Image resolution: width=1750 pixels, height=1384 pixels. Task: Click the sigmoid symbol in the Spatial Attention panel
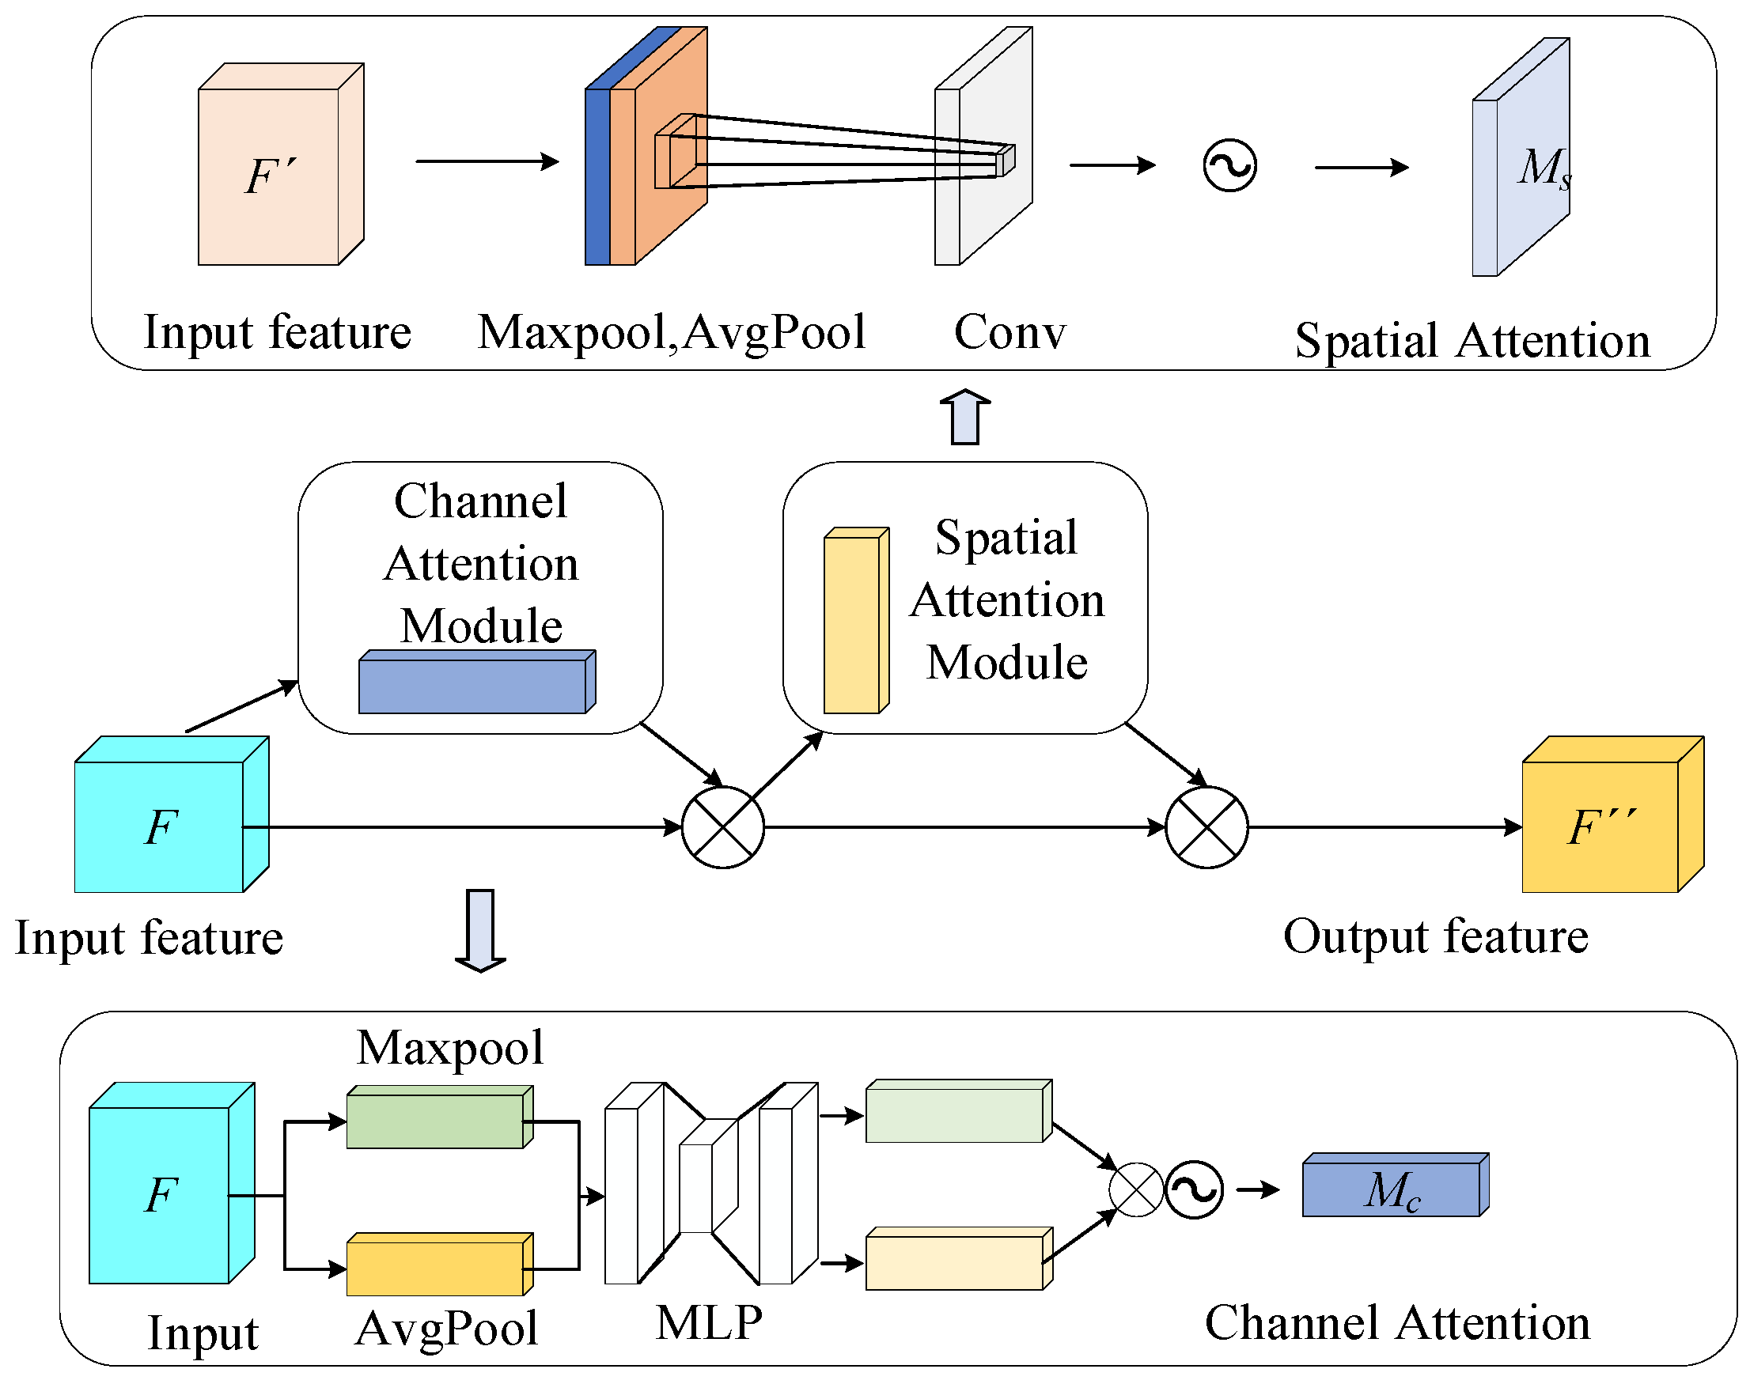tap(1229, 165)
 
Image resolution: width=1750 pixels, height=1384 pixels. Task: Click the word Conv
tap(1009, 332)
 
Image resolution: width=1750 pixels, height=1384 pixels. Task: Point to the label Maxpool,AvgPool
tap(671, 332)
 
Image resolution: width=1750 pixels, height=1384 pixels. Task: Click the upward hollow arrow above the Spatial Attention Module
tap(964, 417)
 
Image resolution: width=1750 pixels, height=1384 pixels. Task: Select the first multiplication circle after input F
tap(722, 826)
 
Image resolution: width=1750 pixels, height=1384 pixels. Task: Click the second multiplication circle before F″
tap(1206, 826)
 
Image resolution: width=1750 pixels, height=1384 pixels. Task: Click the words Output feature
tap(1434, 936)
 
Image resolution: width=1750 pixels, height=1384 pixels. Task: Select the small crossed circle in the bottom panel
tap(1135, 1189)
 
